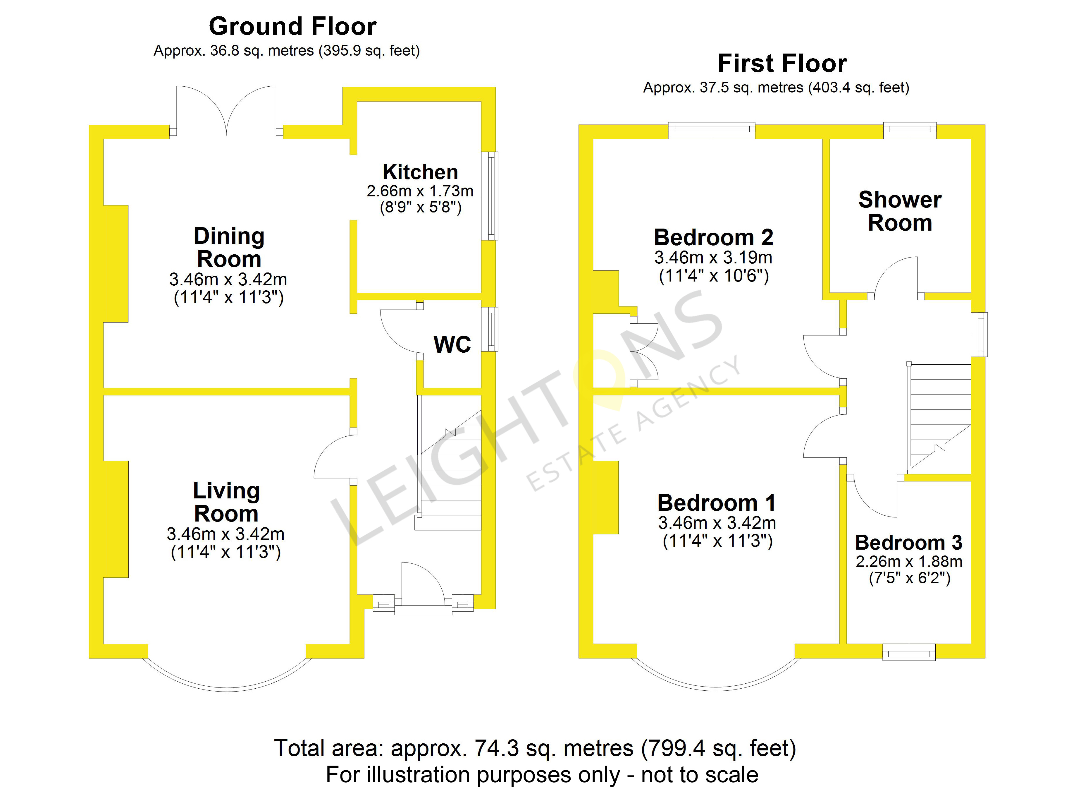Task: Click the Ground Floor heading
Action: click(x=292, y=26)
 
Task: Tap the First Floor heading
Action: click(x=782, y=64)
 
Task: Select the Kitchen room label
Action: click(x=420, y=172)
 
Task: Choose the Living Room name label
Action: click(x=226, y=502)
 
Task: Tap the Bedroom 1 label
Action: click(x=716, y=503)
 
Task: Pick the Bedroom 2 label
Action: click(x=713, y=238)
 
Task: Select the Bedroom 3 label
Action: click(x=909, y=543)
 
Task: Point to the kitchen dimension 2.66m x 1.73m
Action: click(x=420, y=191)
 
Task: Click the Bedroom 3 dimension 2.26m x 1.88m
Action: click(x=909, y=562)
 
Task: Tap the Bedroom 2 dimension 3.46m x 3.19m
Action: click(x=713, y=258)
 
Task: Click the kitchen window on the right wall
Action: click(x=490, y=196)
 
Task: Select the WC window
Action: click(x=490, y=329)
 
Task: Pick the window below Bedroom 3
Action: click(x=909, y=652)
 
